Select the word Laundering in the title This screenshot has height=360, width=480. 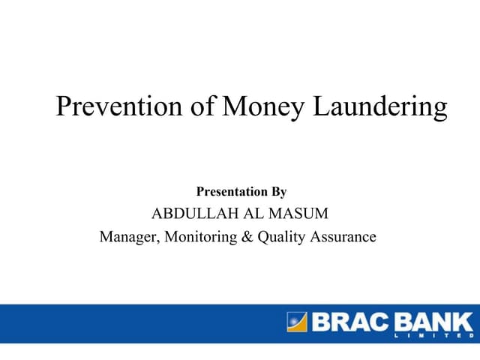[x=379, y=107]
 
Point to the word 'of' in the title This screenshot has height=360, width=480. [x=199, y=107]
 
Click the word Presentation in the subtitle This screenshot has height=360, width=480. [x=229, y=192]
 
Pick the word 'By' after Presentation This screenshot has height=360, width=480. [x=277, y=192]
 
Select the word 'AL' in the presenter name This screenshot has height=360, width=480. [x=249, y=214]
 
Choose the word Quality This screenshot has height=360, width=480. [x=282, y=238]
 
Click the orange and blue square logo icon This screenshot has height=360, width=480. [x=296, y=322]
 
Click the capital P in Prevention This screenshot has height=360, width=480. [x=64, y=107]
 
